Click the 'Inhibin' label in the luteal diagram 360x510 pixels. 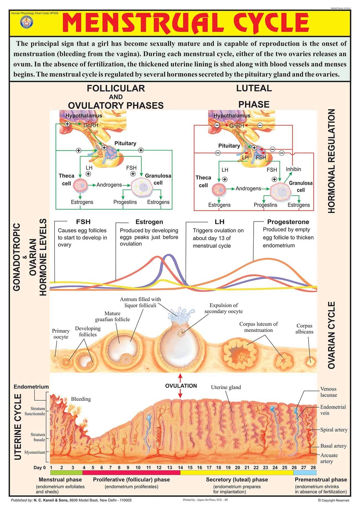[293, 169]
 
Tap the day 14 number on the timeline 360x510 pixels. [180, 468]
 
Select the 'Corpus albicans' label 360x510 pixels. [304, 329]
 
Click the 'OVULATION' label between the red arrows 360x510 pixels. [181, 386]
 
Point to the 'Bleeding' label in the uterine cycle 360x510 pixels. [81, 399]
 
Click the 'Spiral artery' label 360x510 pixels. [334, 430]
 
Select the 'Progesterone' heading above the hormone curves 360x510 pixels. [288, 222]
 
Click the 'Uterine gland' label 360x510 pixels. [226, 387]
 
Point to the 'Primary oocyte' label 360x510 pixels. [61, 334]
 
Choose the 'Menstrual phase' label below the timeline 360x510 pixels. [60, 479]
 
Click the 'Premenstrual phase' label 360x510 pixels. [321, 479]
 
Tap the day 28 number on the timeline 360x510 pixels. [313, 468]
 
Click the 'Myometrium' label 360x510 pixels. [35, 452]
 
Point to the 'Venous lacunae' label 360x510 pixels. [329, 392]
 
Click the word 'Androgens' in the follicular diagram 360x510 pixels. [109, 185]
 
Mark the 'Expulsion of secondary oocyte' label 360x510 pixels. [223, 308]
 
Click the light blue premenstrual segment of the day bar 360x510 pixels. [305, 473]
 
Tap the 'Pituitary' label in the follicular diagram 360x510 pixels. [125, 143]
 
